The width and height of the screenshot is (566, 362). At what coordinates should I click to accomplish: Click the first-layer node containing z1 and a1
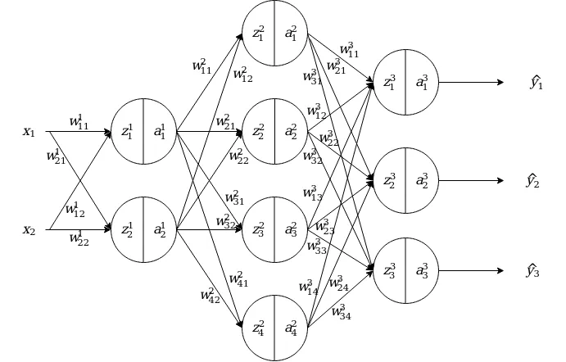click(143, 131)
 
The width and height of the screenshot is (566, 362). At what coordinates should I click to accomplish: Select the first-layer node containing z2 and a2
click(143, 230)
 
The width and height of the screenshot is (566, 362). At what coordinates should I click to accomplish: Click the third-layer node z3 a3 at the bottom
click(405, 271)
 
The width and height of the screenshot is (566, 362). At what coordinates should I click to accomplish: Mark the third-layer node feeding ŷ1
click(405, 83)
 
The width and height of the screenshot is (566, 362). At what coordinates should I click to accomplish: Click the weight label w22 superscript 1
click(79, 239)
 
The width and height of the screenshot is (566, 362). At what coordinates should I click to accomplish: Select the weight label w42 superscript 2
click(211, 294)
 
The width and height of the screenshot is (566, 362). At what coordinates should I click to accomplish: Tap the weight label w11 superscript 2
click(201, 66)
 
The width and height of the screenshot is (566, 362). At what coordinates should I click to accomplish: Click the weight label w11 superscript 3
click(348, 52)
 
